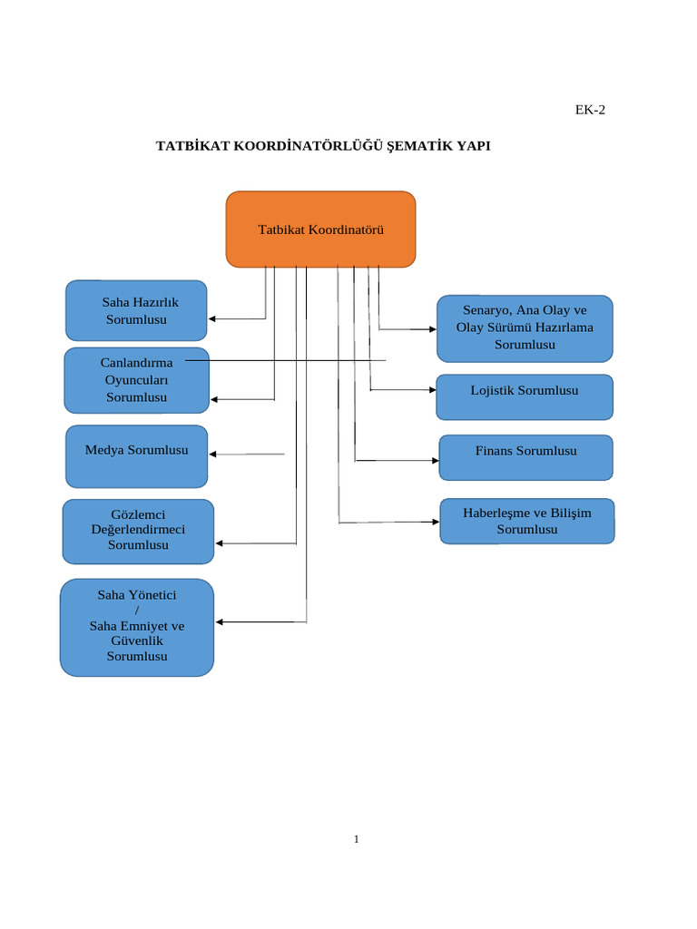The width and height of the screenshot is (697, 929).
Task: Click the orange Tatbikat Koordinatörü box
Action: (320, 230)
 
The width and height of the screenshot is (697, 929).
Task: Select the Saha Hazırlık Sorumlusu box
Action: (136, 310)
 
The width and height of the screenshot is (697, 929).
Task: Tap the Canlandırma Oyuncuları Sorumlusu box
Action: (136, 380)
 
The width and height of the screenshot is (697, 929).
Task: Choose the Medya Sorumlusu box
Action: (136, 456)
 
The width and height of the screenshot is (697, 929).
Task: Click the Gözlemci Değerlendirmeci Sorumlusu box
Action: (138, 531)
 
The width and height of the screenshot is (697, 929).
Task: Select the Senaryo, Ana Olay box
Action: (525, 328)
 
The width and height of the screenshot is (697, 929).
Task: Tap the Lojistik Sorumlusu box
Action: (525, 396)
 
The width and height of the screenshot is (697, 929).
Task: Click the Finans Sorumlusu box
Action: (525, 457)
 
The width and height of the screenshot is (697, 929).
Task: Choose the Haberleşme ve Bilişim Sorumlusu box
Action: (527, 521)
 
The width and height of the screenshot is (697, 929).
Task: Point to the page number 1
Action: (357, 839)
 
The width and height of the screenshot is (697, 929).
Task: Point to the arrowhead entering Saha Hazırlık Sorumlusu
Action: (212, 318)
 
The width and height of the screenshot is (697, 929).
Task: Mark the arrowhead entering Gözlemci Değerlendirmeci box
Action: (219, 543)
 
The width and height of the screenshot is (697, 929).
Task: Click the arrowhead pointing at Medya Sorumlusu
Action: (213, 454)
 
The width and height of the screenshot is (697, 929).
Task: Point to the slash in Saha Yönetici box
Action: (137, 611)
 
